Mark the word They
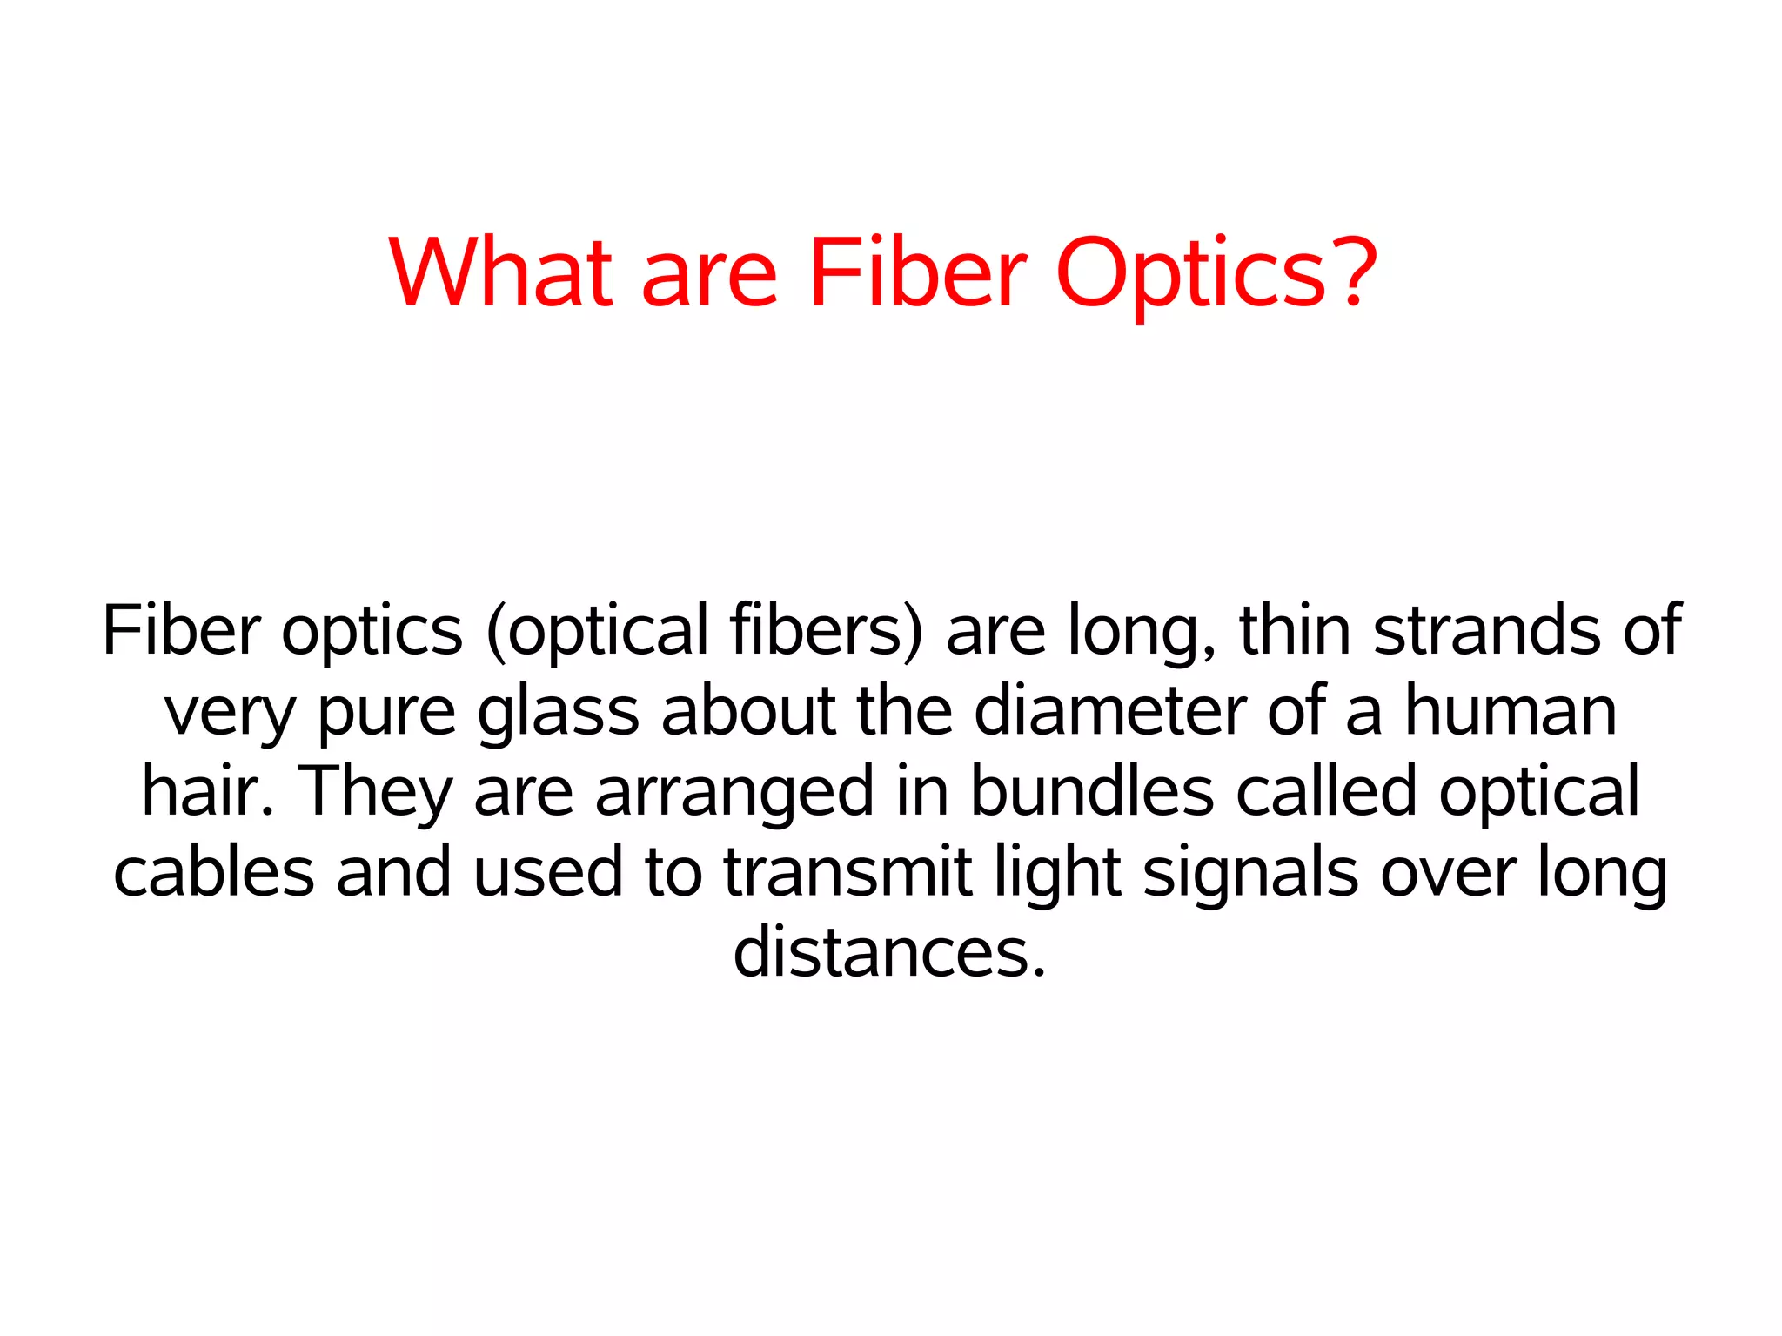point(375,792)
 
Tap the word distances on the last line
point(888,951)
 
